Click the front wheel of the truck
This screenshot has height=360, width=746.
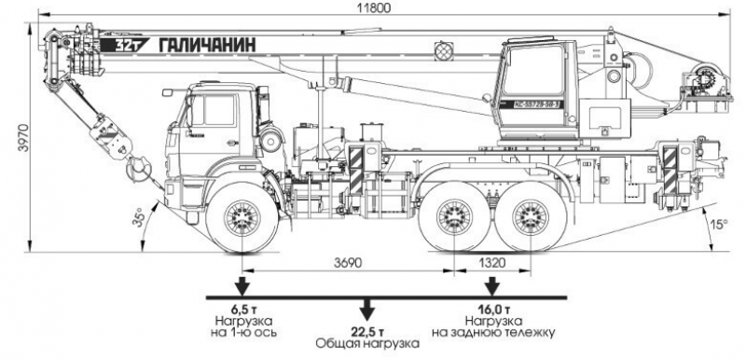tap(241, 217)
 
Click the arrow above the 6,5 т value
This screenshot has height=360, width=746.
tap(242, 284)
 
